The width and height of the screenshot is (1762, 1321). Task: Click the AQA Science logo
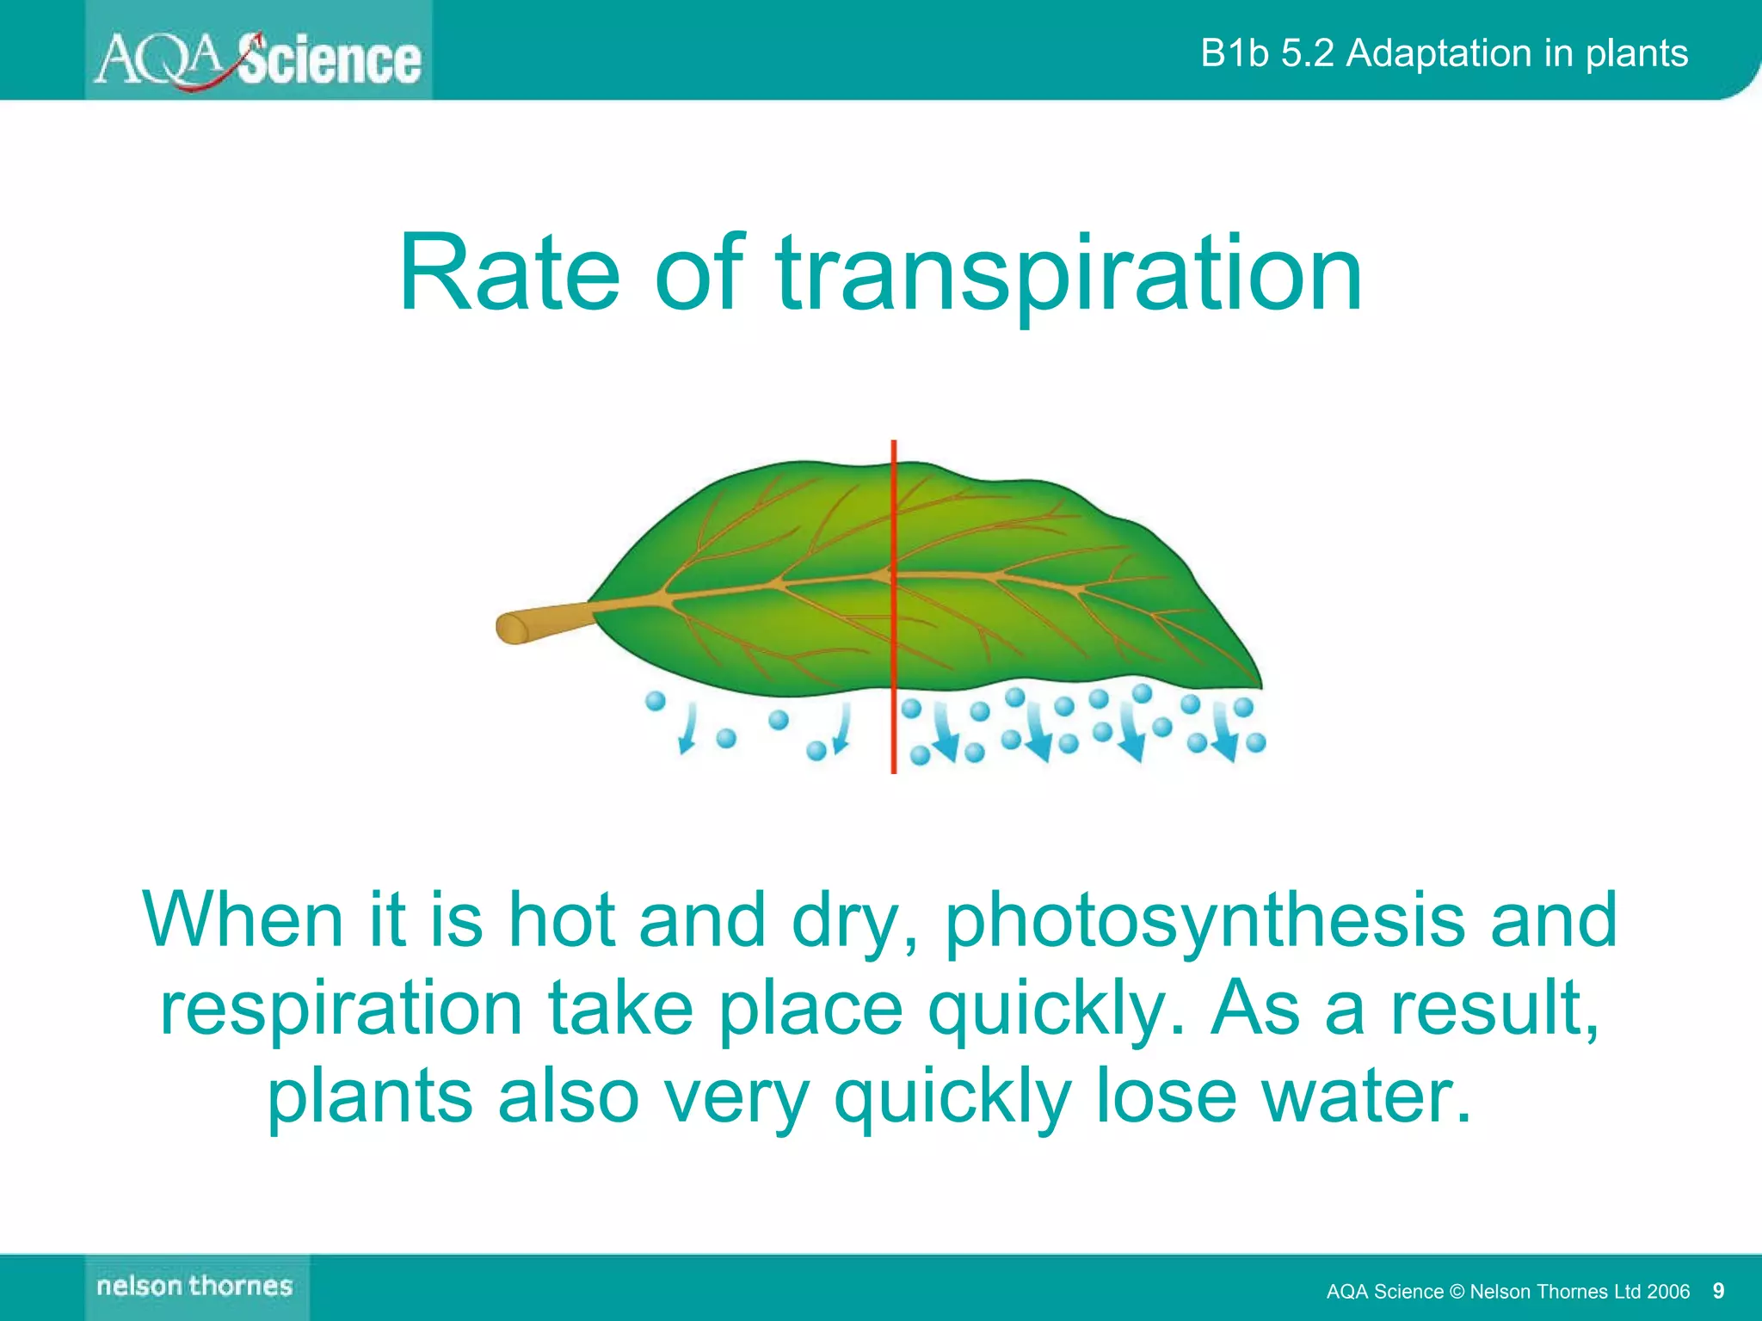pyautogui.click(x=258, y=58)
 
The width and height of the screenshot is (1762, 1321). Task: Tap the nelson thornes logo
pyautogui.click(x=195, y=1287)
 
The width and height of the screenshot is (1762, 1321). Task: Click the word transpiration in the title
pyautogui.click(x=1069, y=273)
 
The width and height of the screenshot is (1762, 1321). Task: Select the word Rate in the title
pyautogui.click(x=508, y=273)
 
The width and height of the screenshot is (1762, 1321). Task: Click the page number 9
pyautogui.click(x=1718, y=1290)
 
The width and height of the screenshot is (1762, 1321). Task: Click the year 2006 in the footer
pyautogui.click(x=1668, y=1291)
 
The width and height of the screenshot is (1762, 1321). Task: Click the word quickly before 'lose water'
pyautogui.click(x=953, y=1098)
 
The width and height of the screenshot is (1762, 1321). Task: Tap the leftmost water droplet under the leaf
pyautogui.click(x=656, y=701)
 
